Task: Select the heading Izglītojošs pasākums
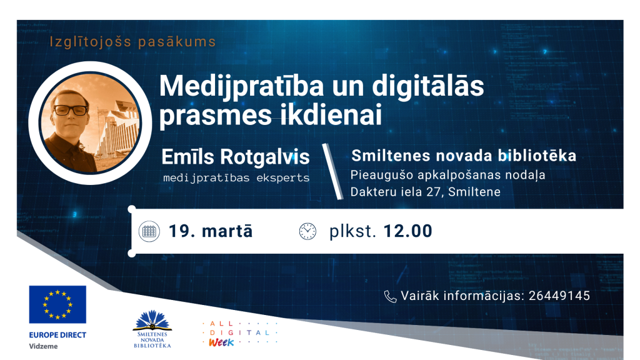[133, 42]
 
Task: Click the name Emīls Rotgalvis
[236, 156]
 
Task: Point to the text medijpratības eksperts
[236, 177]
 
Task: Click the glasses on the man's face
[71, 110]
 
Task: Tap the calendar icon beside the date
[148, 231]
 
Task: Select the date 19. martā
[211, 231]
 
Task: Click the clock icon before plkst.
[307, 231]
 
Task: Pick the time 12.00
[407, 231]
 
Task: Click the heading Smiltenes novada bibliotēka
[463, 156]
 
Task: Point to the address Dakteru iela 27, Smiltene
[426, 192]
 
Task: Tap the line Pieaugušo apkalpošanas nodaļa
[447, 175]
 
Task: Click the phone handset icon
[390, 296]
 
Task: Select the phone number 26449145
[559, 296]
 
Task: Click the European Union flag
[57, 304]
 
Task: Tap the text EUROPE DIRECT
[57, 335]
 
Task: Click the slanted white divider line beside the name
[332, 171]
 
